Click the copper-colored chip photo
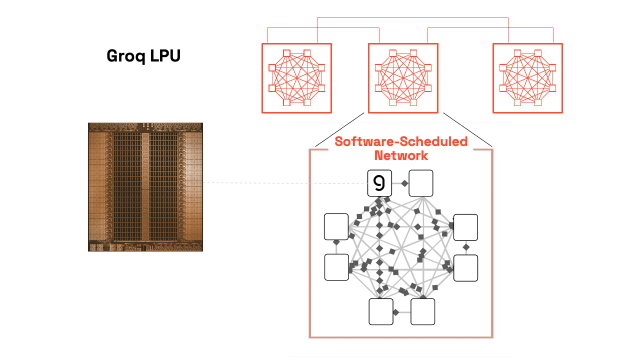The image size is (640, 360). coord(145,187)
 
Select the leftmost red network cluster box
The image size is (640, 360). coord(297,78)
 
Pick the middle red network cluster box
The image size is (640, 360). coord(403,78)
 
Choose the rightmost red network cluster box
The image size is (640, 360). coord(527,78)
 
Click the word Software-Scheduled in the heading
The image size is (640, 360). coord(401,141)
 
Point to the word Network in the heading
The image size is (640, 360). coord(401,155)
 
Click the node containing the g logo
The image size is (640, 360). coord(380,183)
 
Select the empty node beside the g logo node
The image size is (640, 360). coord(421,183)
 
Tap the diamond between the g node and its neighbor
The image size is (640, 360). coord(404,184)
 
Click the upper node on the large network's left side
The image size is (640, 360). coord(336,226)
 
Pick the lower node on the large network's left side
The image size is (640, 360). coord(336,267)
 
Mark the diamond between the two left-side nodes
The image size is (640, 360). coord(336,242)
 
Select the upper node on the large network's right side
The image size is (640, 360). coord(465,227)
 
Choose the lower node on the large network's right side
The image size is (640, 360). coord(465,268)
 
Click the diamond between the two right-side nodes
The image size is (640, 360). coord(466,247)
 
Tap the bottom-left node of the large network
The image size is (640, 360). coord(381,311)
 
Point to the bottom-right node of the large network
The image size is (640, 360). coord(423,311)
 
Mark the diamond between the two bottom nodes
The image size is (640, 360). coord(395,312)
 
